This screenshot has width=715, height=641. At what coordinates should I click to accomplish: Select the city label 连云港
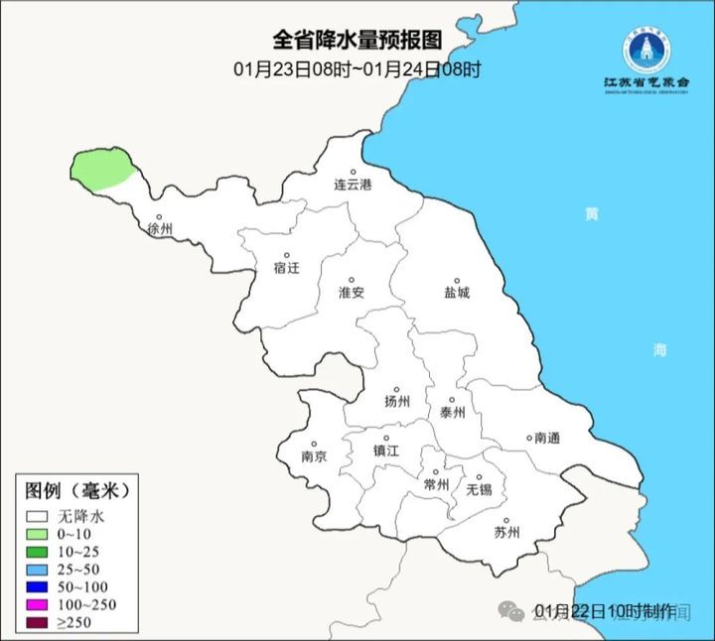[x=352, y=185]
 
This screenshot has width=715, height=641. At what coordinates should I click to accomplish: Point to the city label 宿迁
[x=286, y=267]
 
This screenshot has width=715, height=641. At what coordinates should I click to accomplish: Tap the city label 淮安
[x=352, y=292]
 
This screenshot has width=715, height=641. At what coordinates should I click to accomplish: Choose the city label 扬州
[x=396, y=402]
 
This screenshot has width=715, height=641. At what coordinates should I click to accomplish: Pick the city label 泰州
[x=452, y=413]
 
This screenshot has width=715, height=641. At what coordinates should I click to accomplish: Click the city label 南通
[x=547, y=437]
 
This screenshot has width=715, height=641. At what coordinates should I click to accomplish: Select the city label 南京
[x=314, y=456]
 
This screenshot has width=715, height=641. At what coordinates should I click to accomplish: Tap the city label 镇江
[x=386, y=449]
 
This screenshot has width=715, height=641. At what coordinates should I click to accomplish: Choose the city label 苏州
[x=506, y=532]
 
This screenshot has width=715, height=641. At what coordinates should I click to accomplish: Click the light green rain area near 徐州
[x=101, y=169]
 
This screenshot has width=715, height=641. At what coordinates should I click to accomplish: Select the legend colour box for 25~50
[x=40, y=571]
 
